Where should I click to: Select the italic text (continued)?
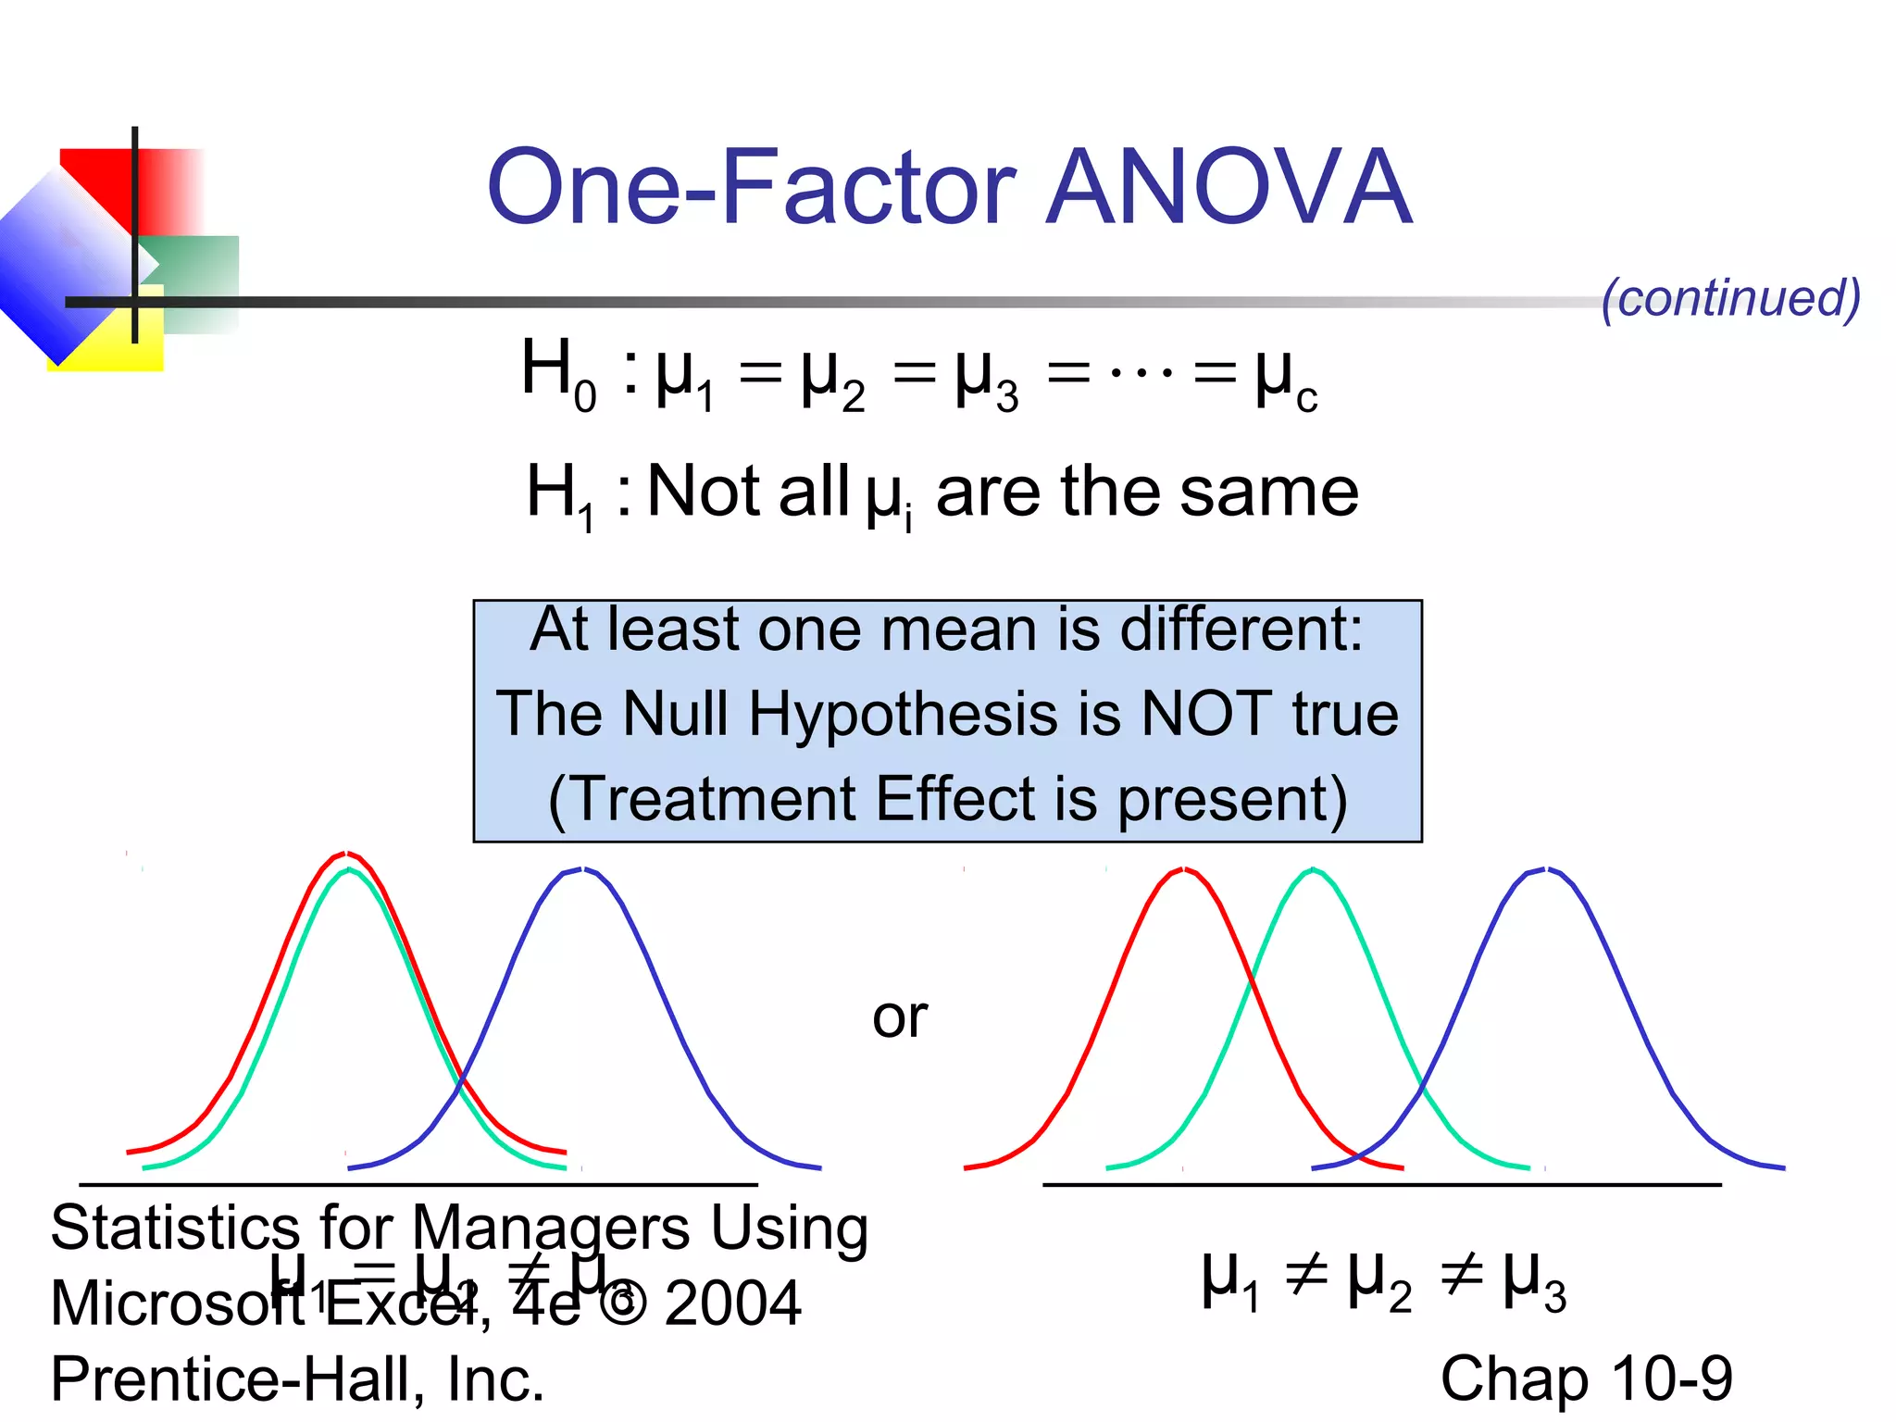click(x=1730, y=298)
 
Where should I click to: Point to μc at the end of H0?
click(x=1285, y=380)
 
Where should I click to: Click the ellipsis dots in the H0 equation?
click(x=1141, y=373)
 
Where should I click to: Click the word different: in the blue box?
click(x=1241, y=630)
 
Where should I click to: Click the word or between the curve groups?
click(x=900, y=1017)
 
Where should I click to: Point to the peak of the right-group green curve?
click(x=1313, y=869)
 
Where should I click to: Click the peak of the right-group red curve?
click(x=1184, y=869)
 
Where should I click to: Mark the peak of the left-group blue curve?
click(x=581, y=869)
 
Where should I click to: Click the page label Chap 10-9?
click(x=1586, y=1378)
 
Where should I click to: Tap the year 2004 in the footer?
click(x=732, y=1303)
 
